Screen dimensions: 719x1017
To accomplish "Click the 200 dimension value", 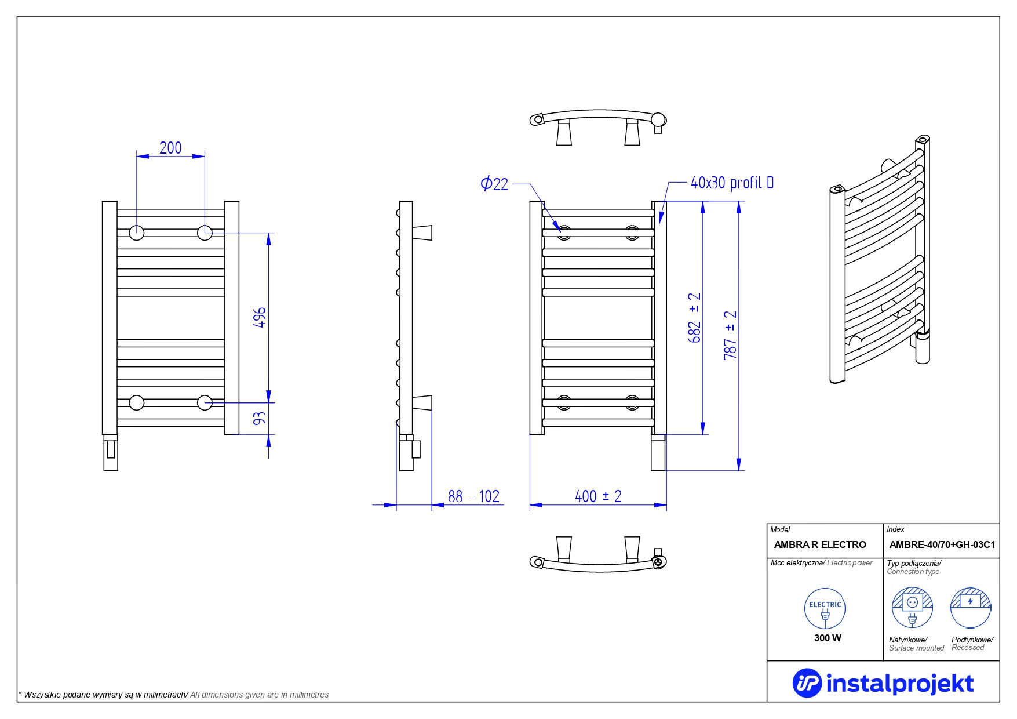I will pos(170,148).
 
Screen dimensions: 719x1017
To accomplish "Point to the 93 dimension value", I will pos(260,417).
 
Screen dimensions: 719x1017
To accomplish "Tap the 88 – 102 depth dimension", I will pos(473,496).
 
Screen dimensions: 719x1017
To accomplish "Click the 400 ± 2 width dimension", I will pos(598,496).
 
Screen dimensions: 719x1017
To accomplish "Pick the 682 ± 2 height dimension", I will pos(694,318).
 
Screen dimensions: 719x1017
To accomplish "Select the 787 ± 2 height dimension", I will pos(730,335).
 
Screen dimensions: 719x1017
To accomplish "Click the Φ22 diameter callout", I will pos(494,184).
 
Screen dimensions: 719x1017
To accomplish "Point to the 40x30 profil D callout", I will pos(732,183).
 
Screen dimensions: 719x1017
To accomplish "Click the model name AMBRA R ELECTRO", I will pos(820,544).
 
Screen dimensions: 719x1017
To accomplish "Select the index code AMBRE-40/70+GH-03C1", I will pos(942,544).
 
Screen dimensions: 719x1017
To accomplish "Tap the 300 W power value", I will pos(828,638).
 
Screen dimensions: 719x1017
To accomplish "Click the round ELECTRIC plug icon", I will pos(825,608).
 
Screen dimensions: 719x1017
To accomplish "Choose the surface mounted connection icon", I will pos(912,607).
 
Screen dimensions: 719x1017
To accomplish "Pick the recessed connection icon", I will pos(971,607).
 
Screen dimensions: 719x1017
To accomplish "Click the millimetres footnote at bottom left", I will pos(174,695).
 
